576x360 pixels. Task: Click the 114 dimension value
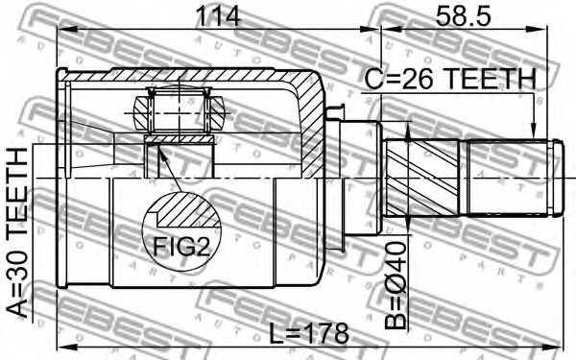218,15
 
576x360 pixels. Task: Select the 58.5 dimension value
463,15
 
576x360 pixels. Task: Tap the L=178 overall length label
308,333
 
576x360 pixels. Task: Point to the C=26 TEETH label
450,79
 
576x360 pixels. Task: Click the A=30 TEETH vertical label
17,232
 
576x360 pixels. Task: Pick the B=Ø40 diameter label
396,285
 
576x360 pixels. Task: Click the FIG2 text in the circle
180,246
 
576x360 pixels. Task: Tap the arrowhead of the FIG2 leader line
162,151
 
